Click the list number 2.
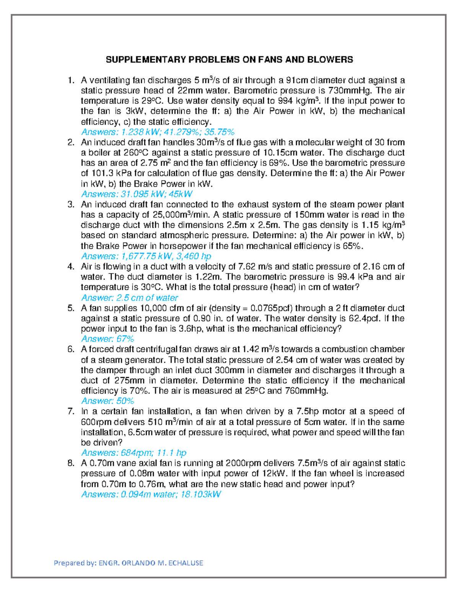click(x=70, y=143)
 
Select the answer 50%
click(x=125, y=401)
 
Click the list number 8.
click(x=70, y=463)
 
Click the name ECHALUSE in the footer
click(x=186, y=563)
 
